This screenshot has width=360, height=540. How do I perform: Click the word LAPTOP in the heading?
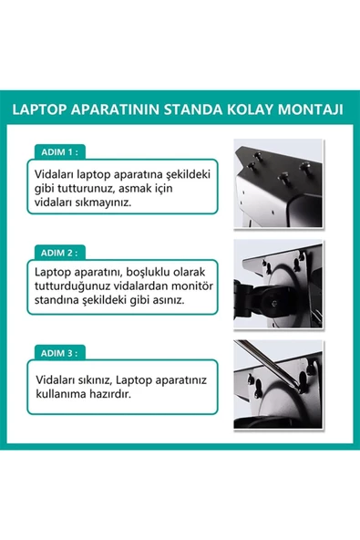[40, 109]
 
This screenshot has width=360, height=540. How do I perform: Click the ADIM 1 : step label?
[59, 151]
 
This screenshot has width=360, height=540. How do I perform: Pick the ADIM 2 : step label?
[59, 253]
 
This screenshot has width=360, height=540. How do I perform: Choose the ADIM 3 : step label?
[59, 353]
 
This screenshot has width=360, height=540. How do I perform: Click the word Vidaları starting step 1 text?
[54, 174]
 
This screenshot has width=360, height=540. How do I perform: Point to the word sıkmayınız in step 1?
[104, 202]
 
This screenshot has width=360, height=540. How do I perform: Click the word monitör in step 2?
[192, 286]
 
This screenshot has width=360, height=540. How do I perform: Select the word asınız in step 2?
[169, 300]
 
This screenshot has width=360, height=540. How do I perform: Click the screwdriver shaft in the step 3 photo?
[266, 363]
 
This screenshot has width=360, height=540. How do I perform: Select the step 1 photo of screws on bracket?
[278, 182]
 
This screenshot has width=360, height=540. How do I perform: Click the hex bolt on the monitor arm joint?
[274, 304]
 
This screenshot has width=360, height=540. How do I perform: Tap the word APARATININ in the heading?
[116, 109]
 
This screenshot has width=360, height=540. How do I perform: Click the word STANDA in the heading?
[193, 109]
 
